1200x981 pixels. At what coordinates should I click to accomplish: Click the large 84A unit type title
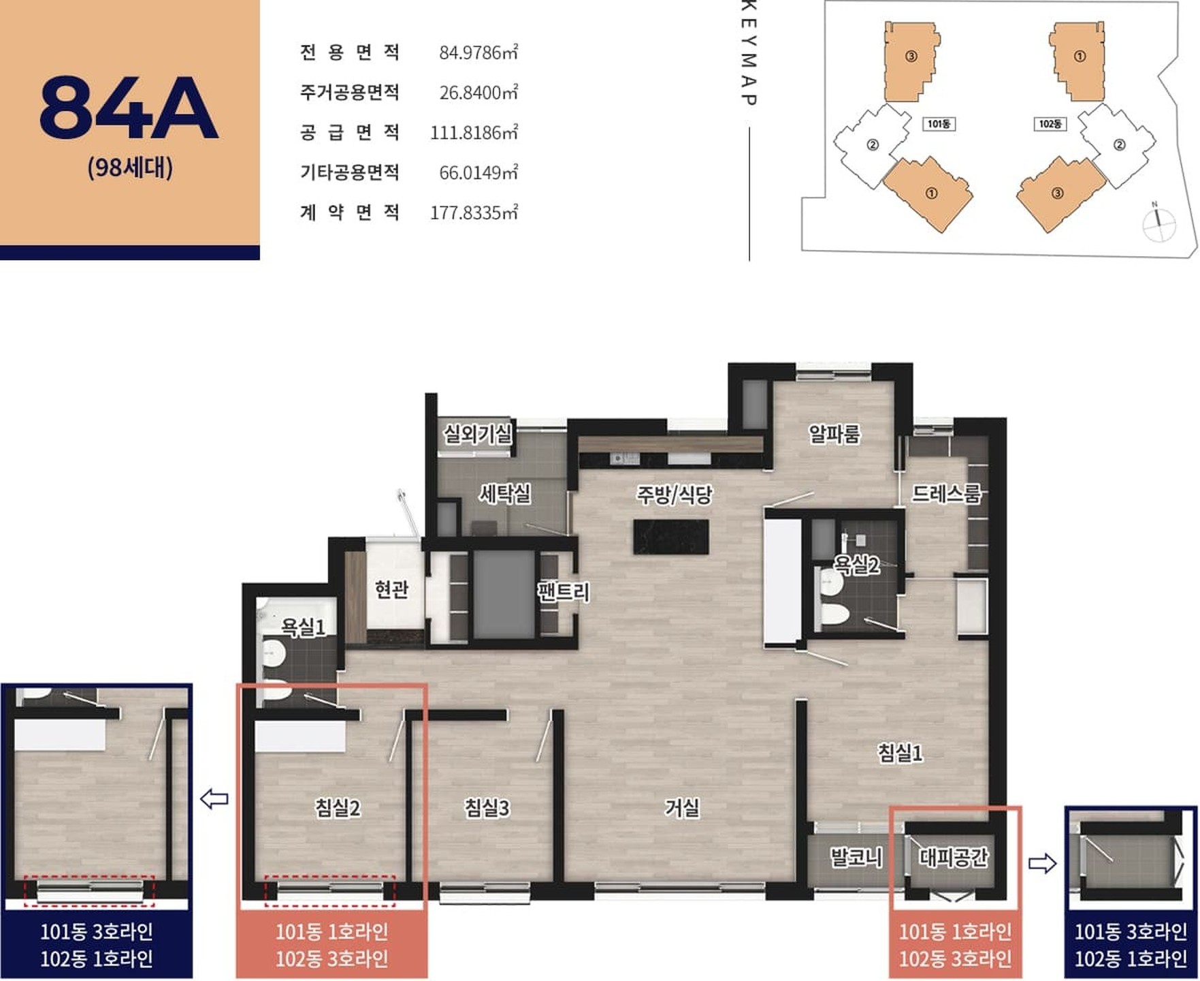pyautogui.click(x=129, y=108)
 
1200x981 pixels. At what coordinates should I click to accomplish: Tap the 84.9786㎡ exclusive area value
pyautogui.click(x=479, y=52)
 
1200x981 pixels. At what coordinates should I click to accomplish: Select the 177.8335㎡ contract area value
pyautogui.click(x=474, y=213)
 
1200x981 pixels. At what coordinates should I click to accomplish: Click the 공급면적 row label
pyautogui.click(x=349, y=132)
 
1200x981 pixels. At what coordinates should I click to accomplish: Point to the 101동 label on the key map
pyautogui.click(x=939, y=124)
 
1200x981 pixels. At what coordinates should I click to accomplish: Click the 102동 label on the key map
pyautogui.click(x=1050, y=124)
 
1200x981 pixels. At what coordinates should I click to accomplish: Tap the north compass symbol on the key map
pyautogui.click(x=1158, y=221)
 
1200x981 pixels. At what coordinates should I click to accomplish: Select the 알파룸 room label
pyautogui.click(x=834, y=433)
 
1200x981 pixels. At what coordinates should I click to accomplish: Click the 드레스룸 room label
pyautogui.click(x=946, y=493)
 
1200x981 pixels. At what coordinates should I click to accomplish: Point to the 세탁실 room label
pyautogui.click(x=504, y=493)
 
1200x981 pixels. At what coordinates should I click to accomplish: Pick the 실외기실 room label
pyautogui.click(x=477, y=433)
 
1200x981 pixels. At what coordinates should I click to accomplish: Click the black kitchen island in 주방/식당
pyautogui.click(x=671, y=537)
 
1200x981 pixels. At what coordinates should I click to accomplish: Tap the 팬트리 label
pyautogui.click(x=564, y=591)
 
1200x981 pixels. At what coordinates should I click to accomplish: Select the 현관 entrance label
pyautogui.click(x=391, y=589)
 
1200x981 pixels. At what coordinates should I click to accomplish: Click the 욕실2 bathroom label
pyautogui.click(x=856, y=564)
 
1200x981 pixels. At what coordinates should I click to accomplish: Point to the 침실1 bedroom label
pyautogui.click(x=900, y=752)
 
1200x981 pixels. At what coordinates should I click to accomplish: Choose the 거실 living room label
pyautogui.click(x=682, y=808)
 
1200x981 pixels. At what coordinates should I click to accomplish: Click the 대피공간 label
pyautogui.click(x=953, y=857)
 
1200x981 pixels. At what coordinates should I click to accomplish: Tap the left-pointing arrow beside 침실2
pyautogui.click(x=214, y=798)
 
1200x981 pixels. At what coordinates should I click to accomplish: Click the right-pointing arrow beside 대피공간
pyautogui.click(x=1042, y=864)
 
